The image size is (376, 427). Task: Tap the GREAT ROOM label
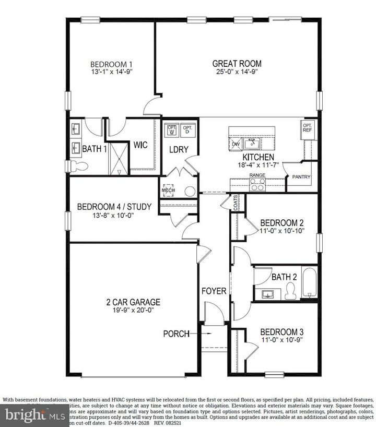tap(237, 64)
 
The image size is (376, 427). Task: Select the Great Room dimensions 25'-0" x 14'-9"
tap(237, 72)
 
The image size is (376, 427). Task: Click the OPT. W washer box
tap(171, 129)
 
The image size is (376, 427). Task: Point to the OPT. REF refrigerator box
tap(307, 128)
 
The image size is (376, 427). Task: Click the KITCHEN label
tap(258, 157)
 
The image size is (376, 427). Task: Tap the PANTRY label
tap(301, 177)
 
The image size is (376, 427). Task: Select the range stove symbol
tap(257, 184)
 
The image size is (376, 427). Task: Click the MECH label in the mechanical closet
tap(168, 191)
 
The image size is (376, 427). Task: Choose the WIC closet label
tap(140, 146)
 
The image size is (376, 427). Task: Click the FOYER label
tap(214, 291)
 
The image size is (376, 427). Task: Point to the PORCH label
tap(176, 334)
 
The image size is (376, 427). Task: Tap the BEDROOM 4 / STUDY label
tap(114, 207)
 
